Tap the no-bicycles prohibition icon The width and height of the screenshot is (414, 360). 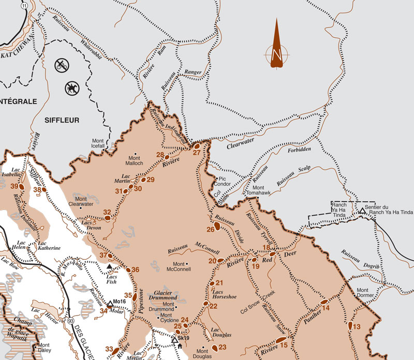(63, 65)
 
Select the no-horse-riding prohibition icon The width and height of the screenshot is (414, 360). (71, 88)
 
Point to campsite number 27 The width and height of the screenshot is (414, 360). (197, 153)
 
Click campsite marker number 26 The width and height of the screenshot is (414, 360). (211, 229)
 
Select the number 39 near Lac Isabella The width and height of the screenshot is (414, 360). (14, 186)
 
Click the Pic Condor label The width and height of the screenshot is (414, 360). (223, 181)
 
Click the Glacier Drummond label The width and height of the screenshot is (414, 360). (162, 295)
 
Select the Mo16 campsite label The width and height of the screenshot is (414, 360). (120, 302)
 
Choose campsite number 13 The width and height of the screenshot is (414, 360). (357, 326)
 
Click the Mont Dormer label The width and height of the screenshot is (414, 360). (365, 293)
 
